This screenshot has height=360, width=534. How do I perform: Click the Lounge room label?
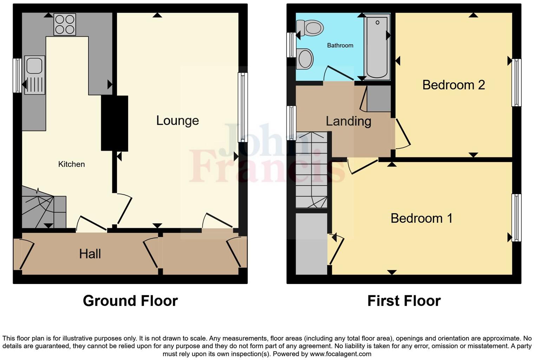(177, 121)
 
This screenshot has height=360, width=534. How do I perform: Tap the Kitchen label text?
(71, 164)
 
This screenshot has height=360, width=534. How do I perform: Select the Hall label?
(90, 254)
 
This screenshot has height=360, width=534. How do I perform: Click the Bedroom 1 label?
(421, 218)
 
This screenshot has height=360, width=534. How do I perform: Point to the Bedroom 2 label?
(454, 85)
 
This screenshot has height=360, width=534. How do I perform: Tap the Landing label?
(348, 121)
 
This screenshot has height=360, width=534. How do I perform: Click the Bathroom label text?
(340, 45)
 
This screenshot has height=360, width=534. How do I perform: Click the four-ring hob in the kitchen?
(65, 24)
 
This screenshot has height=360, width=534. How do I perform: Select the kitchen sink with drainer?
(34, 75)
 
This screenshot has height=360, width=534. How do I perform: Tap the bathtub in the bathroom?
(377, 46)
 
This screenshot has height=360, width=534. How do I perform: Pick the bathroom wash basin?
(305, 59)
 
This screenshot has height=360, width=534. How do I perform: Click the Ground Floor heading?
(130, 301)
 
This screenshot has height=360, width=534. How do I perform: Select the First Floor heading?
(404, 301)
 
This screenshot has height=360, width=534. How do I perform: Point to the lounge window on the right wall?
(242, 107)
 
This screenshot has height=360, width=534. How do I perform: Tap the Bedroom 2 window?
(516, 82)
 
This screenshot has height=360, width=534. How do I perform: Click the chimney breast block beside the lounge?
(115, 123)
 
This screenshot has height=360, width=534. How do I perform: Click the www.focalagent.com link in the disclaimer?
(340, 354)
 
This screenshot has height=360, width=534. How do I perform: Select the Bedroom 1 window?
(516, 218)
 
